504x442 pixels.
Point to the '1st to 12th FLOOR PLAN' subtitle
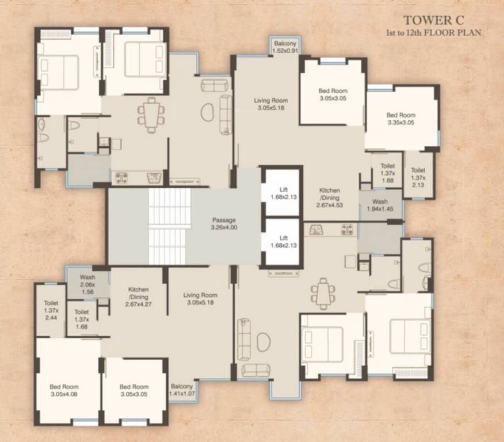(x=434, y=33)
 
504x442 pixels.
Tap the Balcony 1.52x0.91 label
(x=285, y=47)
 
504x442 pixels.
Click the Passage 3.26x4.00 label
(x=224, y=223)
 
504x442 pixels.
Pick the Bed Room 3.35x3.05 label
(x=400, y=119)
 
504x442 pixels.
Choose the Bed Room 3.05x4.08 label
(x=63, y=390)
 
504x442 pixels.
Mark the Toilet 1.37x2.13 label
(x=418, y=177)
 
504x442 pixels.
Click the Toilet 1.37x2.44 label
(x=51, y=311)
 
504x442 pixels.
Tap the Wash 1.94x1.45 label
(x=380, y=205)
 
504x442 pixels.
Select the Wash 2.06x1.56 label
(x=87, y=284)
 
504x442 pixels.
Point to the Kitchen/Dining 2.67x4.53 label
(x=330, y=197)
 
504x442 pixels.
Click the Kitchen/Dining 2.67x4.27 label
(x=139, y=297)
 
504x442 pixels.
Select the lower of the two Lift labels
(x=282, y=242)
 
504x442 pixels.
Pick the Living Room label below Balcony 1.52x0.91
(x=270, y=104)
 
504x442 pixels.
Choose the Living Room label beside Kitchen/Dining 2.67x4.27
(x=200, y=299)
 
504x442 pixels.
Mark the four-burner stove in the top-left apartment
(x=121, y=178)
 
